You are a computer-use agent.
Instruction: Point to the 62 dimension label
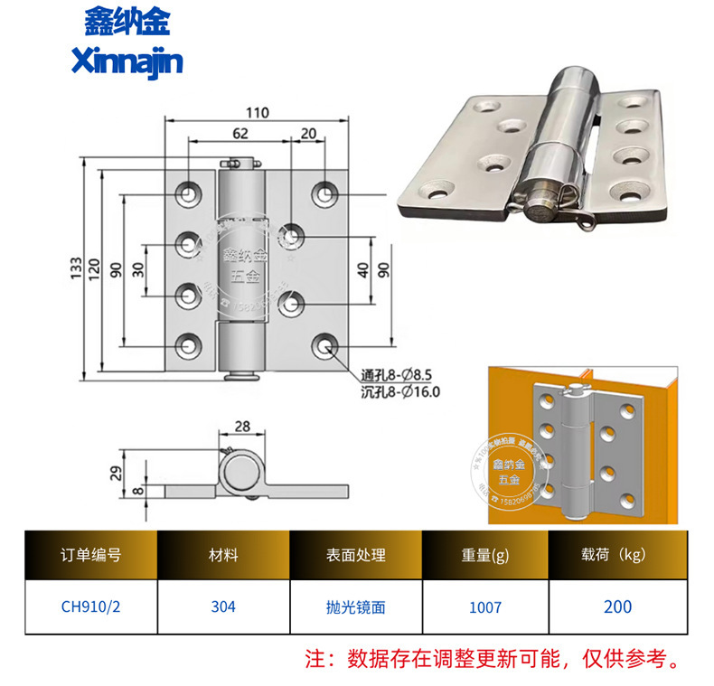click(x=239, y=133)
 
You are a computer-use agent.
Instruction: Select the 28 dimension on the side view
click(x=242, y=428)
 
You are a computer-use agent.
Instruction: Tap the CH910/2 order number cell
click(x=90, y=606)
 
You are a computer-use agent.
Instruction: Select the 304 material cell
click(x=223, y=606)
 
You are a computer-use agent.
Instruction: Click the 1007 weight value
click(x=484, y=606)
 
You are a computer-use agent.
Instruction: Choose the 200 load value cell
click(x=617, y=606)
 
